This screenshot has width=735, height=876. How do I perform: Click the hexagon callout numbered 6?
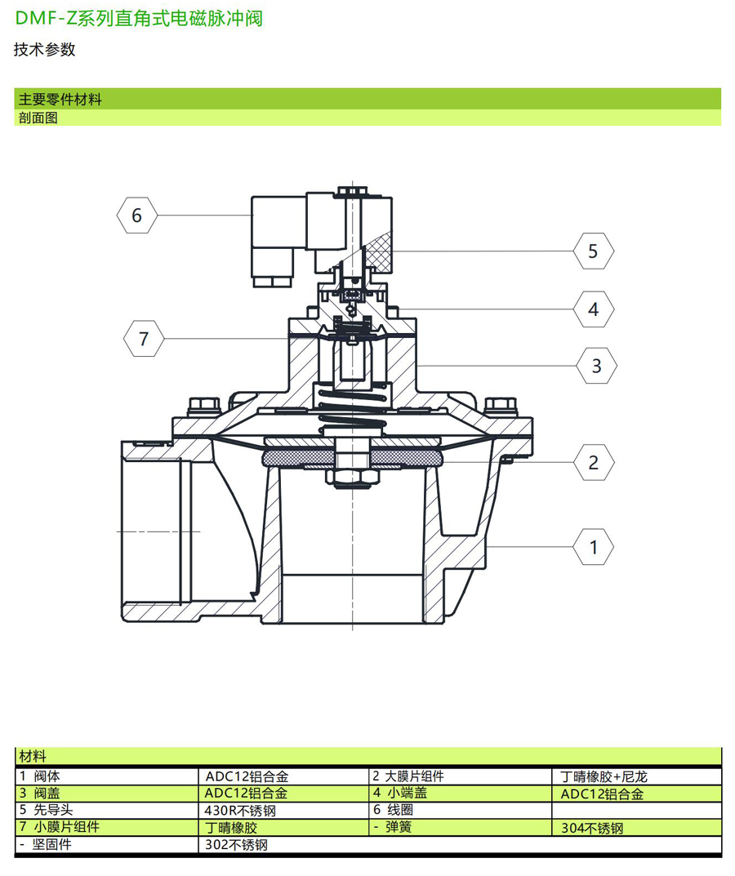tap(136, 216)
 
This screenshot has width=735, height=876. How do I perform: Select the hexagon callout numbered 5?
tap(593, 251)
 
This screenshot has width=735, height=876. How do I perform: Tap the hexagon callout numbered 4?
tap(593, 309)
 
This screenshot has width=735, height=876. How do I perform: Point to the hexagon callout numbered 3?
tap(596, 366)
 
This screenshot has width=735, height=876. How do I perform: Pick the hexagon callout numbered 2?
tap(593, 463)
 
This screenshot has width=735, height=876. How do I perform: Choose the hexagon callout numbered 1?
tap(594, 546)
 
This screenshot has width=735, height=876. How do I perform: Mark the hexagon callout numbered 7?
tap(144, 338)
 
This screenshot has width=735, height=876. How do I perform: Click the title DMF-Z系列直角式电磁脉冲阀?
tap(139, 19)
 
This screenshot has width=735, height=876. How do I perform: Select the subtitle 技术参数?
tap(44, 50)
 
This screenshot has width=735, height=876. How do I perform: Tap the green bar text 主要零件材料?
tap(60, 100)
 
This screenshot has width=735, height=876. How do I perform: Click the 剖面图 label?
tap(38, 118)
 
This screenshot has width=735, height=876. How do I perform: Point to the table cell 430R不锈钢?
tap(241, 811)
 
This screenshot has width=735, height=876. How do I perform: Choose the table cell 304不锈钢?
tap(592, 828)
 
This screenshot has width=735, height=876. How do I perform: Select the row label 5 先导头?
tap(45, 811)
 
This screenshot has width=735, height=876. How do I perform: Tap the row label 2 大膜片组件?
tap(408, 776)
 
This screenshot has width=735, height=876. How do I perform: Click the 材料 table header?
tap(33, 757)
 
